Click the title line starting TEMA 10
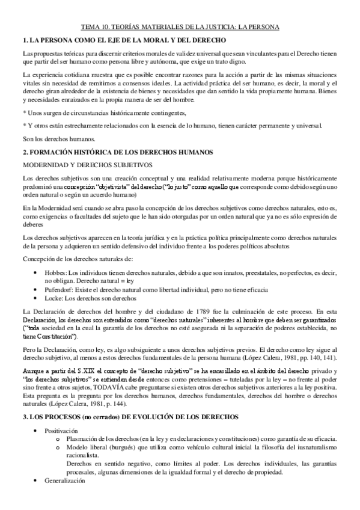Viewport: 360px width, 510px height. pyautogui.click(x=180, y=26)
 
